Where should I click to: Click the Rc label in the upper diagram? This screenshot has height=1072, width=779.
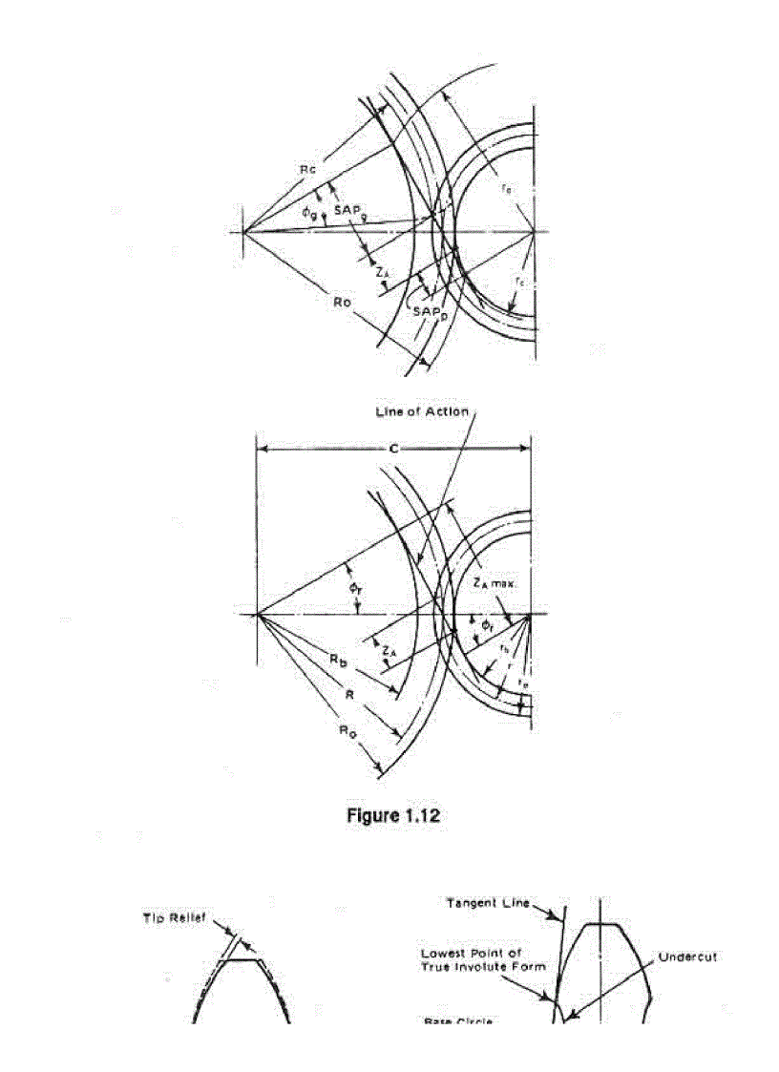point(306,169)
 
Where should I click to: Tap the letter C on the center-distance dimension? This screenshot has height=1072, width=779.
point(395,445)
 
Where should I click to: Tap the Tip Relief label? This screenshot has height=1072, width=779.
point(168,919)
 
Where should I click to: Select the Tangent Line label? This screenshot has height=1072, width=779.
point(489,901)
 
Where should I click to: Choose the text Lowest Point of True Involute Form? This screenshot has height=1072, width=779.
point(485,960)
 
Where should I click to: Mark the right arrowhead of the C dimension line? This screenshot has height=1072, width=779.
point(526,447)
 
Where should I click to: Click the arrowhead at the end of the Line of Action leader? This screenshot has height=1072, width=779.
point(420,558)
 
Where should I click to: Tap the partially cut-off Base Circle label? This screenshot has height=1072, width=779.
point(458,1021)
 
